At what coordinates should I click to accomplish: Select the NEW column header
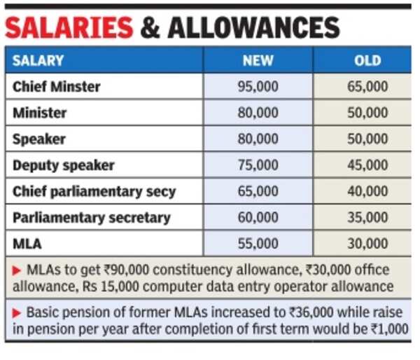click(x=258, y=61)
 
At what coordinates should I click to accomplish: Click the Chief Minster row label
click(x=57, y=87)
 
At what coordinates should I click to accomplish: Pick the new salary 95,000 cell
click(x=258, y=87)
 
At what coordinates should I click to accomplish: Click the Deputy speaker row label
click(x=64, y=165)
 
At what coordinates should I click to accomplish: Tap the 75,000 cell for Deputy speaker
click(x=258, y=165)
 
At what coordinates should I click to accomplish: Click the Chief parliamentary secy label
click(x=94, y=191)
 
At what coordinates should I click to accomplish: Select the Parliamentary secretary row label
click(x=92, y=217)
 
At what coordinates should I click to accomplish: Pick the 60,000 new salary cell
click(x=258, y=217)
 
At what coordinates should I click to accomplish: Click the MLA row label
click(x=27, y=244)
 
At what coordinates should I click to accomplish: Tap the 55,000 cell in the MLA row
click(x=258, y=244)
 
